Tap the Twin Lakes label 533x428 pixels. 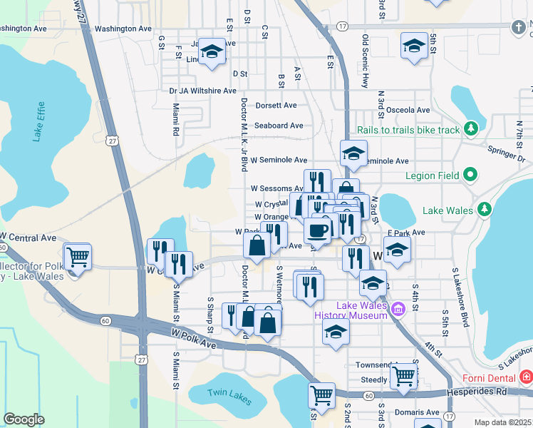coord(229,396)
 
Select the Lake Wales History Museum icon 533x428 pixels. coord(398,310)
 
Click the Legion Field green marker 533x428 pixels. coord(470,175)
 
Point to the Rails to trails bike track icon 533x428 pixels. coord(470,129)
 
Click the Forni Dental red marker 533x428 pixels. coord(526,376)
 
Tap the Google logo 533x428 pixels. coord(24,419)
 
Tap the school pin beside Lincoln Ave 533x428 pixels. coord(211,51)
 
